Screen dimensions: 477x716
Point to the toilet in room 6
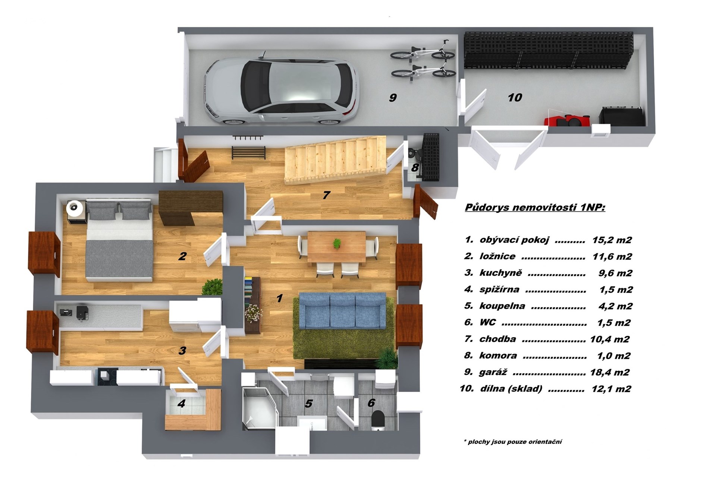click(x=378, y=419)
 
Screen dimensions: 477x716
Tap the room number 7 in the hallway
click(x=326, y=195)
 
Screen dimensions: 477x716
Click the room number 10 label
click(x=515, y=98)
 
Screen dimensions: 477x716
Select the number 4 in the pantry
click(x=182, y=403)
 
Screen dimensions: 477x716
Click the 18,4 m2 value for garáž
click(x=610, y=372)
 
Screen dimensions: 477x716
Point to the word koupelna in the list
click(x=502, y=306)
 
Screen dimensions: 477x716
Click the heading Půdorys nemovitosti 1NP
click(x=535, y=208)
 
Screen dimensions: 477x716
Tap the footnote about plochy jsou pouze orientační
click(x=513, y=442)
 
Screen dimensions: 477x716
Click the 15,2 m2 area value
click(x=612, y=240)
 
